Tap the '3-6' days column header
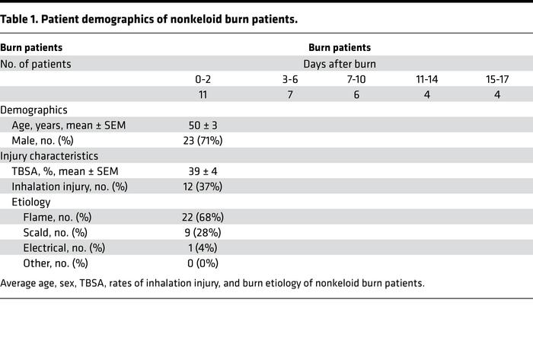pos(289,79)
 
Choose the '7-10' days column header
pos(356,79)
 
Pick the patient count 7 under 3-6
pos(289,95)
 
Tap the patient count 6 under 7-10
pos(356,95)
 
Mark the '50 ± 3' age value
pos(203,126)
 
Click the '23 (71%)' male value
pos(203,141)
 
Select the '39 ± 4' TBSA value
pos(203,172)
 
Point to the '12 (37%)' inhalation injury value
pos(203,187)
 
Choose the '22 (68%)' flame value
pos(203,218)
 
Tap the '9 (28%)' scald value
pos(203,233)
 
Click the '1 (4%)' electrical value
pos(203,248)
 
